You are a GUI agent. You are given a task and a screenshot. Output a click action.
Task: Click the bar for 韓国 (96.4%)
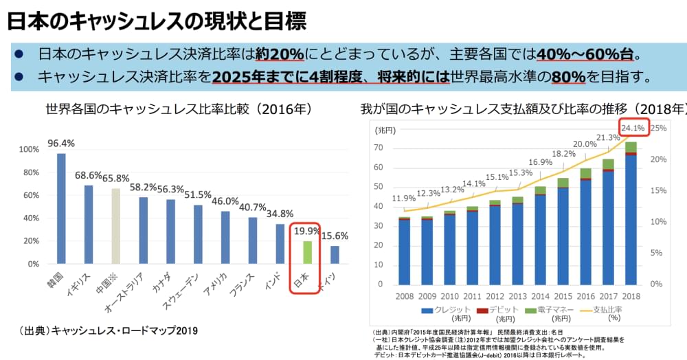tap(61, 208)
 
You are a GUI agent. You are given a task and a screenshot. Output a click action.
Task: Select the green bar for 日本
tap(307, 252)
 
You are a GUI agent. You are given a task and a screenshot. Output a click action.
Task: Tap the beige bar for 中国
tap(116, 226)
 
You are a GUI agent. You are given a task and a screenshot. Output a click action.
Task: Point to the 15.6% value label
tap(335, 236)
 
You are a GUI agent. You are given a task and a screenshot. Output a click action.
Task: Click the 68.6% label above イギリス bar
tap(89, 175)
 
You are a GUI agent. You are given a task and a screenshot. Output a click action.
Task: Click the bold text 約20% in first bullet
tap(280, 54)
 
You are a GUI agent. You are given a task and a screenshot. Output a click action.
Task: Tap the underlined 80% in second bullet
tap(567, 76)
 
